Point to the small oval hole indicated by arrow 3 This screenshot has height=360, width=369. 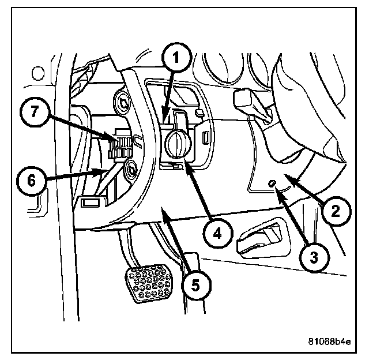tap(272, 184)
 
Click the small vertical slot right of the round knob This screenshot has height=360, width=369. tap(206, 137)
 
